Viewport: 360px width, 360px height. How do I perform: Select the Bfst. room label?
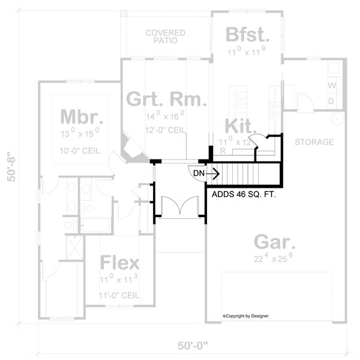pos(246,35)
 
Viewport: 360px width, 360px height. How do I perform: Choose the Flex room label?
pos(119,263)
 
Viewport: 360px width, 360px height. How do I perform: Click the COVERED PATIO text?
pos(165,37)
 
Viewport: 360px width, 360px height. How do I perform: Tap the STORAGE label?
pos(314,142)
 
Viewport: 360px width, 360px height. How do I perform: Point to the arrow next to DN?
pos(211,173)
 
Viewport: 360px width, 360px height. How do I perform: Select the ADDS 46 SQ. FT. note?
pos(243,194)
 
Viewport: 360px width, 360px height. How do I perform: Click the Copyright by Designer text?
pos(245,316)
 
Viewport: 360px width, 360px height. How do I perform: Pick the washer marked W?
pos(331,85)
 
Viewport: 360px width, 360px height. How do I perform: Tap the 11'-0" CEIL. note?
pos(119,295)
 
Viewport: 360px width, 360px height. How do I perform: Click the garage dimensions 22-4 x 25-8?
pos(274,259)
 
